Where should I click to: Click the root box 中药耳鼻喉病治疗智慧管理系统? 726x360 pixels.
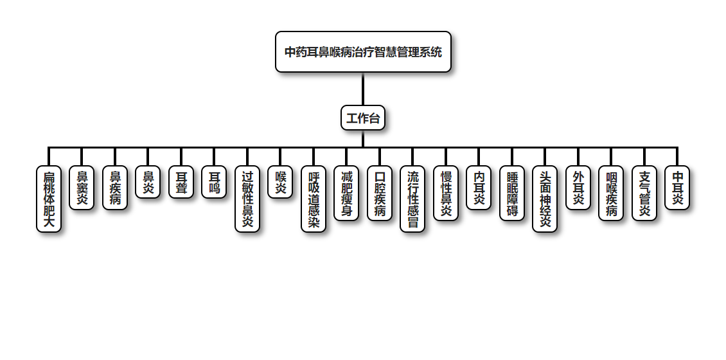tap(363, 52)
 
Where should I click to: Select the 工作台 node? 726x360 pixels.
tap(363, 118)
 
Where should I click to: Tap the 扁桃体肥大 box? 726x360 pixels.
tap(49, 199)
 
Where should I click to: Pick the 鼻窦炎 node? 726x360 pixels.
tap(82, 188)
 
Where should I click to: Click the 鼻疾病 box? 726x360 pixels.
tap(115, 188)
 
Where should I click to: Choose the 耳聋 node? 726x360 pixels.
tap(181, 182)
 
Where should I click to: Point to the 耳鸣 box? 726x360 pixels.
tap(214, 182)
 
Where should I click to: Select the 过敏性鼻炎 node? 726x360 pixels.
tap(247, 199)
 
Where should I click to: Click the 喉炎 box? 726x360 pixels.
tap(280, 182)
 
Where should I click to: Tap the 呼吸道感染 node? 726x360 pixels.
tap(314, 199)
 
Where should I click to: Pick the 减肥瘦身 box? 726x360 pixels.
tap(346, 194)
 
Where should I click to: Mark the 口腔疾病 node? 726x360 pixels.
tap(380, 194)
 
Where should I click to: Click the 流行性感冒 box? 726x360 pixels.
tap(412, 199)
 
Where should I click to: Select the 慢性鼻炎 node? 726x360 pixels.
tap(446, 194)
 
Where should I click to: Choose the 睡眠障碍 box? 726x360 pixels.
tap(512, 194)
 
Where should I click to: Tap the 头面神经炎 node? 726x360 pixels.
tap(545, 199)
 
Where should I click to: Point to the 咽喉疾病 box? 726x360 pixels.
tap(611, 194)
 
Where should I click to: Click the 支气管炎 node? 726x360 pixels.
tap(644, 194)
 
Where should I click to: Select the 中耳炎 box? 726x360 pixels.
tap(677, 188)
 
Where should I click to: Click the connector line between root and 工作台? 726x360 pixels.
tap(363, 89)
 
